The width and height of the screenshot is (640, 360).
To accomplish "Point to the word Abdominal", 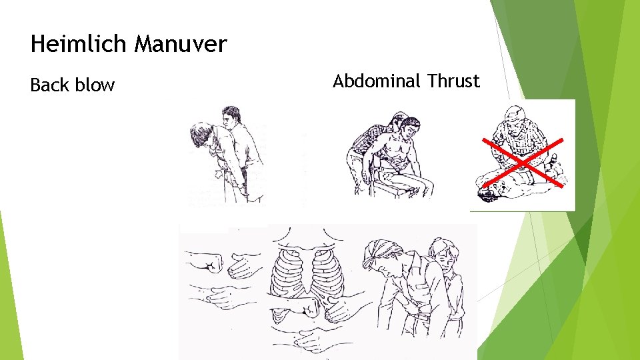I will point(377,81).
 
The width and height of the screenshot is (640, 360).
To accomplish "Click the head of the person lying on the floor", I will point(490,194).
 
